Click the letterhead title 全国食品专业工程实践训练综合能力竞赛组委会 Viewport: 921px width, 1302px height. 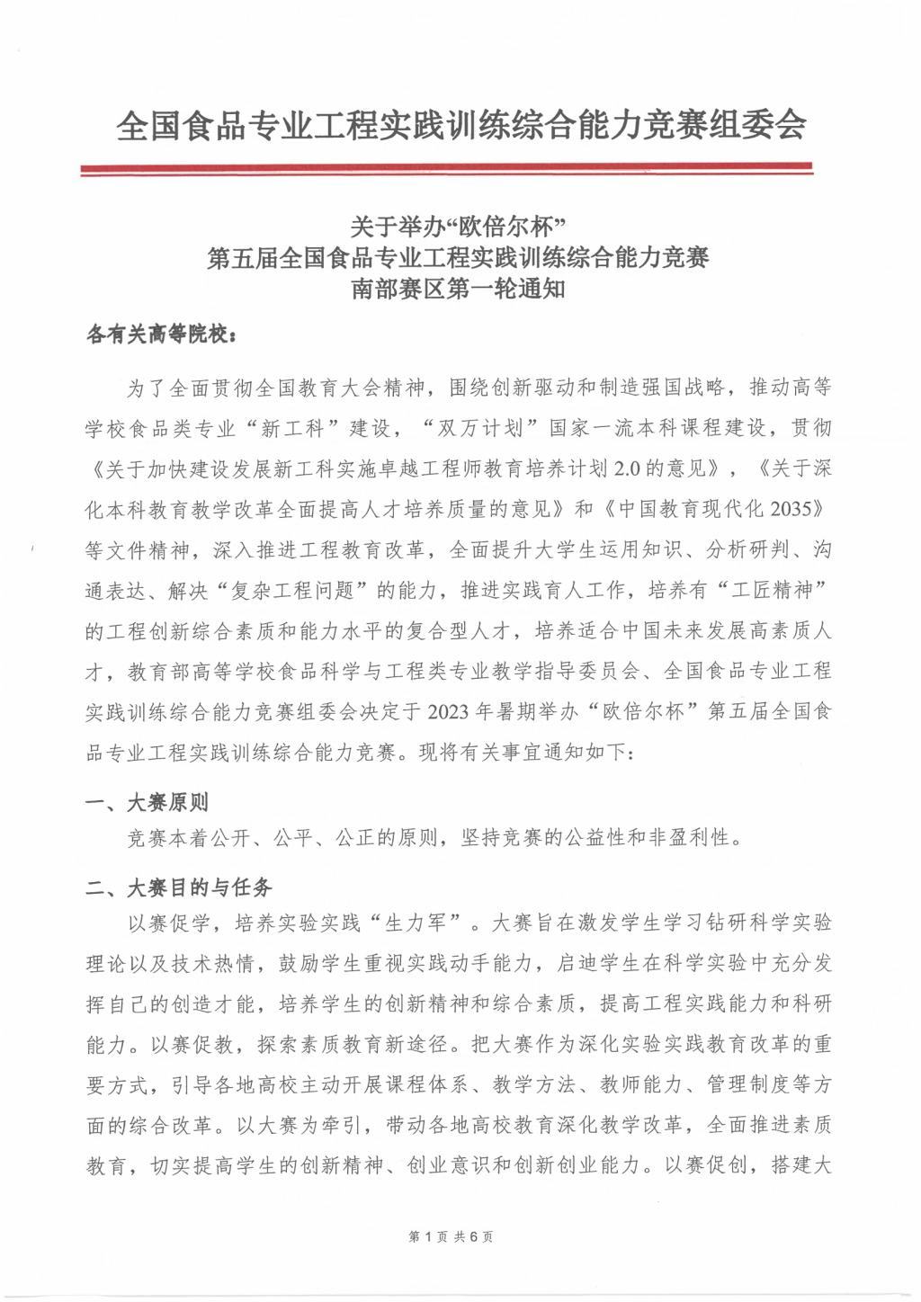(460, 126)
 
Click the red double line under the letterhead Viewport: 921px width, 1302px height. (447, 168)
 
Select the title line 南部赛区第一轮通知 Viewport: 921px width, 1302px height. (459, 290)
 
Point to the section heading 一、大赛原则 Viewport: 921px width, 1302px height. (148, 802)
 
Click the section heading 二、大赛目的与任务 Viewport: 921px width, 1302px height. (179, 888)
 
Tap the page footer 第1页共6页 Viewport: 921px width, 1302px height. (451, 1236)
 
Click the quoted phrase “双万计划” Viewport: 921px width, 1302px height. (481, 428)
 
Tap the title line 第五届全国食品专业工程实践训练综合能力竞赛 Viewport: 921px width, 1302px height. (459, 258)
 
